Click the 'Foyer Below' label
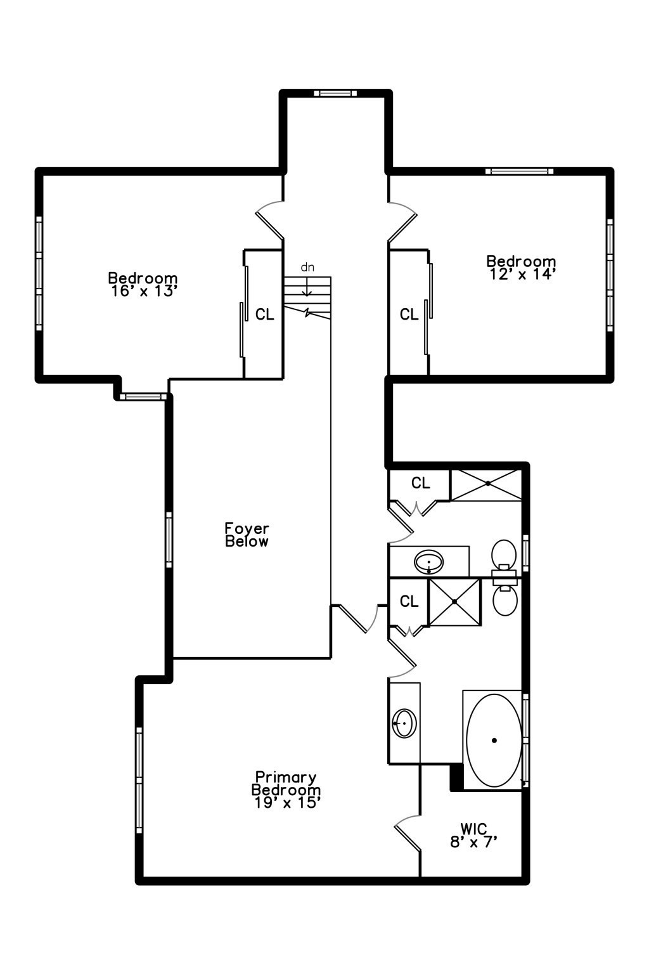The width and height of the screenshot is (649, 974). click(x=247, y=535)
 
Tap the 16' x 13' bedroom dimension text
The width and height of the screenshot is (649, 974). click(x=143, y=291)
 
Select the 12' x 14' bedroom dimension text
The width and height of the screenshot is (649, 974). click(x=522, y=274)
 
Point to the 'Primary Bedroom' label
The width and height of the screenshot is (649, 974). click(x=286, y=784)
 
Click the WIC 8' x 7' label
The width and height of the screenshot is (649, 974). click(x=473, y=835)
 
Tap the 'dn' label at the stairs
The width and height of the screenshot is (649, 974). click(x=307, y=267)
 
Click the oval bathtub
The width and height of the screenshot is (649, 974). click(x=494, y=740)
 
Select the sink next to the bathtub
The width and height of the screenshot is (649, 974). click(x=404, y=723)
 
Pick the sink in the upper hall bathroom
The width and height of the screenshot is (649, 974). click(x=428, y=561)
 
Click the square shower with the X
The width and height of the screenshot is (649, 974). click(x=454, y=601)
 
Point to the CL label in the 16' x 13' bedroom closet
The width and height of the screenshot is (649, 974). click(x=265, y=314)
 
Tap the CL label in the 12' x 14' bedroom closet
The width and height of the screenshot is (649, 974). click(x=409, y=314)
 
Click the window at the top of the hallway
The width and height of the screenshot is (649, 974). click(x=335, y=93)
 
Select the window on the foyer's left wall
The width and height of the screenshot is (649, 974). click(x=169, y=539)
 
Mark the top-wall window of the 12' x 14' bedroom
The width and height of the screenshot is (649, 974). click(x=520, y=171)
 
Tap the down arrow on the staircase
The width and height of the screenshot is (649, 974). click(x=307, y=289)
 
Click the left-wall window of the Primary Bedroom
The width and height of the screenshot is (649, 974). click(x=139, y=780)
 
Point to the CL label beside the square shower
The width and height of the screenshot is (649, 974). click(x=409, y=601)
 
